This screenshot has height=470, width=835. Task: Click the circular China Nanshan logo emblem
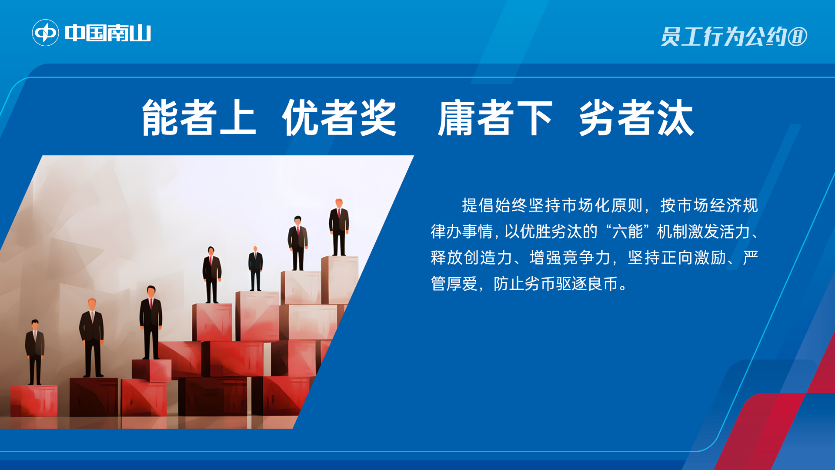[45, 33]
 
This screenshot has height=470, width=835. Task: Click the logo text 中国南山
[108, 33]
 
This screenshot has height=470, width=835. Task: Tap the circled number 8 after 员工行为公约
[798, 37]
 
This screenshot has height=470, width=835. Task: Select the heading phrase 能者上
[199, 117]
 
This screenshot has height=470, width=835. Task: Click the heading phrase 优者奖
[339, 117]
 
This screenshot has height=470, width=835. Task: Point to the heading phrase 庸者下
[495, 117]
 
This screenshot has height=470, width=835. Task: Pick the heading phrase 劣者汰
[636, 117]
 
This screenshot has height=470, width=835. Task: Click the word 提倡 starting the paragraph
[478, 205]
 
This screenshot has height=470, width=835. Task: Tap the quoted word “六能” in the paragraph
[627, 232]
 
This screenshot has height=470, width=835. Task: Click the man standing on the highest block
[339, 227]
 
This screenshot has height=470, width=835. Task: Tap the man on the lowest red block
[35, 352]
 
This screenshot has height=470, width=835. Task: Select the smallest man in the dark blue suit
[255, 269]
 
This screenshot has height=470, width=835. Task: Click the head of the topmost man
[339, 203]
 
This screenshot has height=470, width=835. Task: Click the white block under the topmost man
[340, 280]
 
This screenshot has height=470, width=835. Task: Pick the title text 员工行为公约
[724, 37]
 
